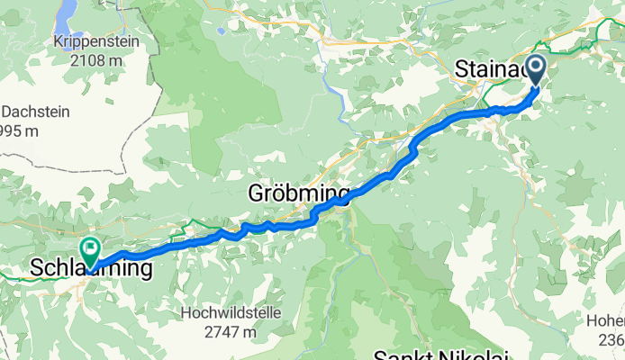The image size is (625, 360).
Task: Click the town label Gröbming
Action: click(298, 193)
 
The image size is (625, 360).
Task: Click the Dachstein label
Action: click(32, 112)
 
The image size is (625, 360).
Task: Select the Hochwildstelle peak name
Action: click(231, 313)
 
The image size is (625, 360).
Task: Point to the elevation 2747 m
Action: click(231, 331)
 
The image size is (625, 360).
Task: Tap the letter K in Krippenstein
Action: click(32, 42)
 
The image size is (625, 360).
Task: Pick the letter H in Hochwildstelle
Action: click(186, 313)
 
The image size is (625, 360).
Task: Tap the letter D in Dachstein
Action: click(7, 112)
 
